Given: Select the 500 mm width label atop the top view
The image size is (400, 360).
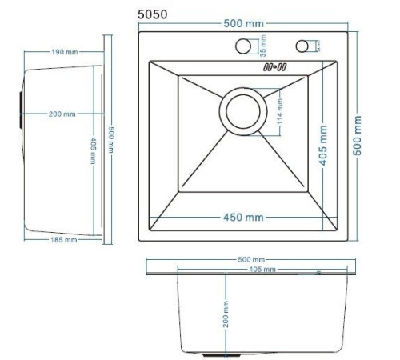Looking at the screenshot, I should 243,25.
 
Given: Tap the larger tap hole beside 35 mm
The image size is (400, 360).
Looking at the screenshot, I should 243,47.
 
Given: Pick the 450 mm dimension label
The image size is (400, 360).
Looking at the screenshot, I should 243,217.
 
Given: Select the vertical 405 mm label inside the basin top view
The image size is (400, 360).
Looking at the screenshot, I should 323,144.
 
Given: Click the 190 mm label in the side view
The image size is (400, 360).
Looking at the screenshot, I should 64,52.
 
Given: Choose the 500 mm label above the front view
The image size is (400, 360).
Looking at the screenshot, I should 251,260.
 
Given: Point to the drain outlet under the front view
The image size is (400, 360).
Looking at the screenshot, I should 217,353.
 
